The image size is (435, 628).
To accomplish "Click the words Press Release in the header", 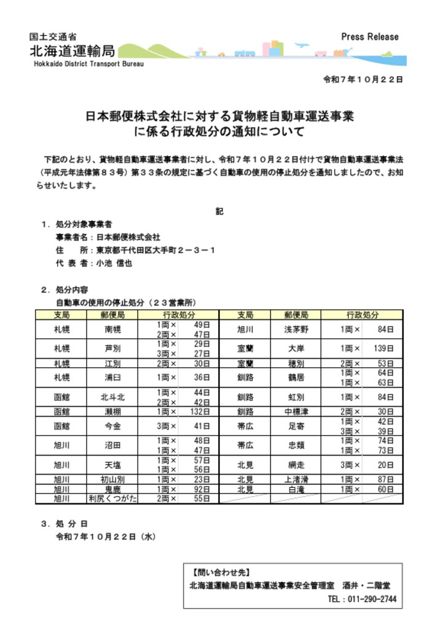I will tap(370, 37).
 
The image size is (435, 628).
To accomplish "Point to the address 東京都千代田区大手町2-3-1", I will tap(155, 250).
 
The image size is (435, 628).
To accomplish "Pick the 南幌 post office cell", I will tap(112, 329).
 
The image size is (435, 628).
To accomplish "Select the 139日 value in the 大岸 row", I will tap(384, 348).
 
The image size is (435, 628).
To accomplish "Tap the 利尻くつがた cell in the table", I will tap(112, 498).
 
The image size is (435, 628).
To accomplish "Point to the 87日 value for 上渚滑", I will tap(385, 479).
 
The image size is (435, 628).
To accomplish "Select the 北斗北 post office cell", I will tap(112, 397).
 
